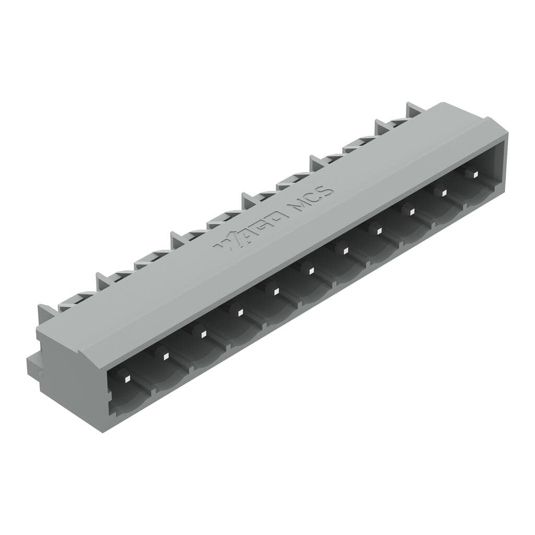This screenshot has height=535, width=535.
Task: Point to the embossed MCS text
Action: (312, 199)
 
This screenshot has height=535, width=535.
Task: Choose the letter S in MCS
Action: (326, 190)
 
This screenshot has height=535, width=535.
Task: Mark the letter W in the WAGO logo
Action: (226, 242)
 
